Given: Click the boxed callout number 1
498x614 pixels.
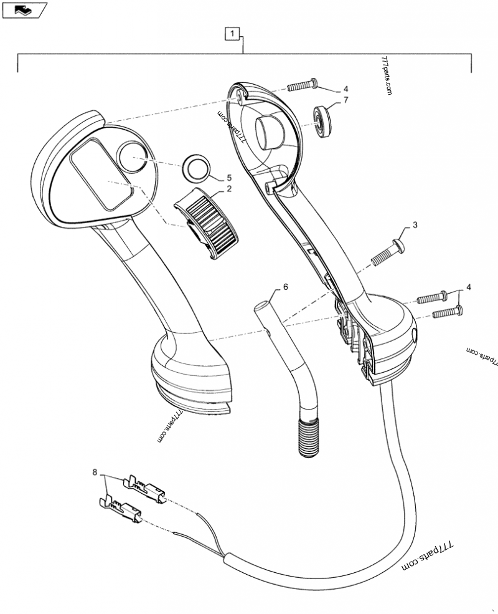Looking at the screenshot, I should click(232, 33).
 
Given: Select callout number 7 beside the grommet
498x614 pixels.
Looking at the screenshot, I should click(345, 100).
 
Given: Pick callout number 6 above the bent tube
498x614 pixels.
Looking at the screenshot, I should click(286, 287).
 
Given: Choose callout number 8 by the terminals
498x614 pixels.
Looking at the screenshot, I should click(95, 474).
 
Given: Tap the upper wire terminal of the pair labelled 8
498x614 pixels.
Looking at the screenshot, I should click(146, 486).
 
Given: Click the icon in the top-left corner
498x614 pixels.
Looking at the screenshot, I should click(24, 9).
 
